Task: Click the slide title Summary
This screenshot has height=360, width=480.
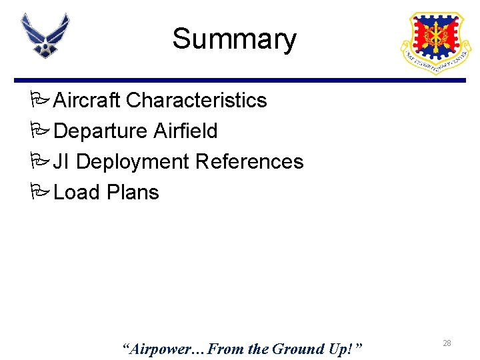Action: tap(234, 39)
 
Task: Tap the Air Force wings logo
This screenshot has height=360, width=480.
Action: tap(45, 35)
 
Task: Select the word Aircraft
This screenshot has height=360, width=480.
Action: tap(87, 100)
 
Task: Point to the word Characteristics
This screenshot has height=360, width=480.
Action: tap(196, 100)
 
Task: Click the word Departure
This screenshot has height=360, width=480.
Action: tap(100, 131)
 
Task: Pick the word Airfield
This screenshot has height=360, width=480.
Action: tap(185, 131)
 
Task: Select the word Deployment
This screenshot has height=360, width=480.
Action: tap(133, 162)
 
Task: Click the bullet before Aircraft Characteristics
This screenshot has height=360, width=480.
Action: tap(39, 101)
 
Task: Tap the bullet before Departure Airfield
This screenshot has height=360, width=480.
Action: tap(39, 131)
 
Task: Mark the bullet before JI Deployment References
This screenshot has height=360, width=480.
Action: tap(39, 162)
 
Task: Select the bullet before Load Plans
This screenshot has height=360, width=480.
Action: tap(39, 193)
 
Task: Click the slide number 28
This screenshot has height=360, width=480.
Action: tap(447, 343)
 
